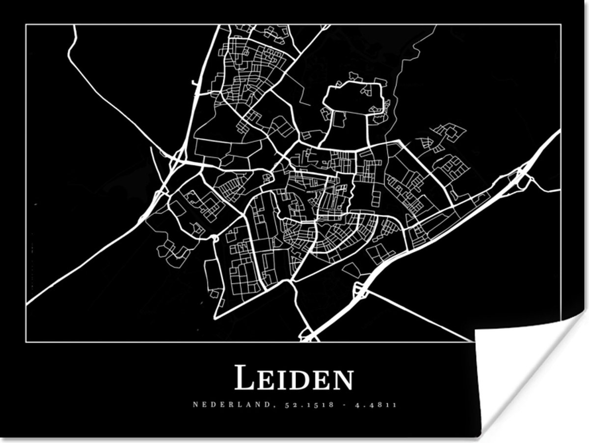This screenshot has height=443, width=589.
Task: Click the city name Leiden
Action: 294,378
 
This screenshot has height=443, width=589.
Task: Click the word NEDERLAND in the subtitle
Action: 218,405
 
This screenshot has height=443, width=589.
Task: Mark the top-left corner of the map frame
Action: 26,25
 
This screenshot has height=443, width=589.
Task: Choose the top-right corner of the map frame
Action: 561,25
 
